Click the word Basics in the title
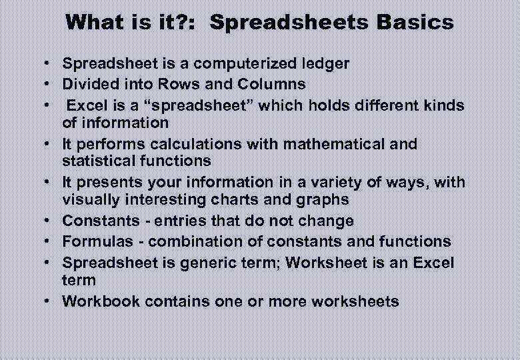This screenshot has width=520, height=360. coord(415,23)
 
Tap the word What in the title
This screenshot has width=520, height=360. coord(95,23)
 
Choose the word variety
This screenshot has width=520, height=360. coord(357,182)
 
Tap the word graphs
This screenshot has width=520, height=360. coord(325,200)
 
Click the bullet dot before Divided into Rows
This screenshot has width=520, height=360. coord(49,85)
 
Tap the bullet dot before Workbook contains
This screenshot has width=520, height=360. coord(49,301)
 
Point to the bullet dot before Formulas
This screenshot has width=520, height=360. coord(49,241)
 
